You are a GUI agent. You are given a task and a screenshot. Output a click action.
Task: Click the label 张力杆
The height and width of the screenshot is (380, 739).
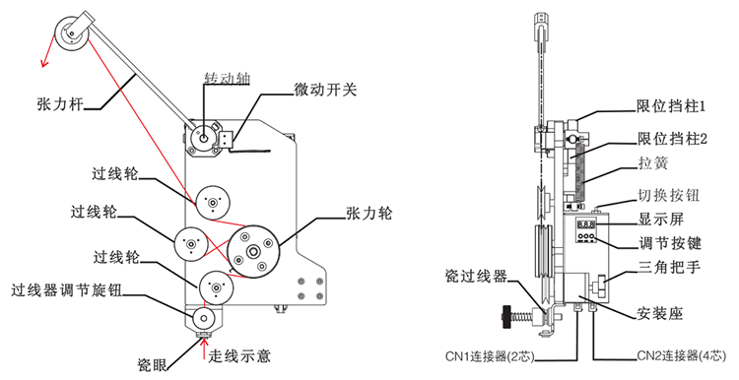pyautogui.click(x=60, y=103)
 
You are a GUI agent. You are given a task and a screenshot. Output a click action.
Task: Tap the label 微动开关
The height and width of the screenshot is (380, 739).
pyautogui.click(x=325, y=90)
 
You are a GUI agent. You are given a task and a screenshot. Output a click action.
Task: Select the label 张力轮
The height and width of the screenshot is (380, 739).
pyautogui.click(x=369, y=214)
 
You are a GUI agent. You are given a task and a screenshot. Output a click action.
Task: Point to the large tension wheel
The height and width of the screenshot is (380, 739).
pyautogui.click(x=253, y=251)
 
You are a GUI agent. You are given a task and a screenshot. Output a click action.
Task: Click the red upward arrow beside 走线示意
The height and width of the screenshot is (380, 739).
pyautogui.click(x=204, y=349)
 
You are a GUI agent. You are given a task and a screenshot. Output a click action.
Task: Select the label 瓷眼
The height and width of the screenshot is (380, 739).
pyautogui.click(x=152, y=364)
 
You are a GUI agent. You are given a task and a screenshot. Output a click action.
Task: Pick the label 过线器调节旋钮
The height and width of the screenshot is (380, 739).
pyautogui.click(x=66, y=291)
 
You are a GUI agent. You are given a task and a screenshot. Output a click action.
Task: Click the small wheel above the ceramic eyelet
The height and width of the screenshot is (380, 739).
pyautogui.click(x=203, y=318)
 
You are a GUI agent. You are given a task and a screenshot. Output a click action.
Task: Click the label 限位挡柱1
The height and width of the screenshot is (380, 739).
pyautogui.click(x=671, y=107)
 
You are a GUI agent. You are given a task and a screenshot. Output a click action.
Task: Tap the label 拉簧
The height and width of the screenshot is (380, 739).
pyautogui.click(x=653, y=163)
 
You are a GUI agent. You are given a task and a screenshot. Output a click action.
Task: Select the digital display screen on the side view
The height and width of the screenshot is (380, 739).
pyautogui.click(x=586, y=224)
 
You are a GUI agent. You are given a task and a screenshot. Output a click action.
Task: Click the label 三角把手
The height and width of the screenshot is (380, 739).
pyautogui.click(x=669, y=268)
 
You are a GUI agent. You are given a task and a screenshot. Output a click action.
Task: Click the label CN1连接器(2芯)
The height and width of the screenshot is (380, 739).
pyautogui.click(x=490, y=356)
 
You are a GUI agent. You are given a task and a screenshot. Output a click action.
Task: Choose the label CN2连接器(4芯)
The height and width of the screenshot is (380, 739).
pyautogui.click(x=682, y=356)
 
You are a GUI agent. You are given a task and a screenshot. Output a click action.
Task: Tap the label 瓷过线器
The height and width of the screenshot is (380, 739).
pyautogui.click(x=476, y=277)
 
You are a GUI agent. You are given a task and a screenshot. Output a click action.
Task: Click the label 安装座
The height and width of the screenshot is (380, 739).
pyautogui.click(x=660, y=313)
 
